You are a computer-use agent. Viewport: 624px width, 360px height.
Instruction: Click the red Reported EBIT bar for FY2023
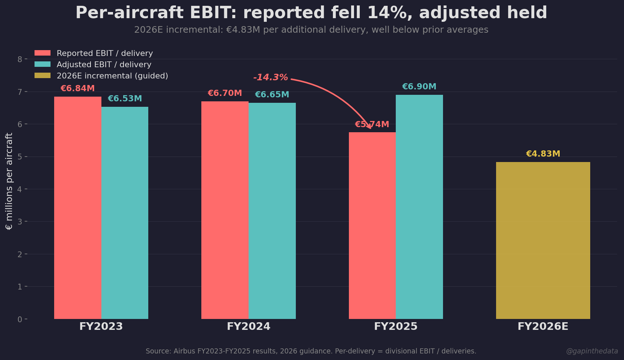coord(77,207)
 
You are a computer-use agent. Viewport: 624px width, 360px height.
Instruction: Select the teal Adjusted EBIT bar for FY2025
coord(419,207)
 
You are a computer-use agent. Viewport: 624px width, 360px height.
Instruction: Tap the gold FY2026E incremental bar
coord(543,240)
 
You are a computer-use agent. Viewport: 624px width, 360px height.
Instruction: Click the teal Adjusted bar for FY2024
coord(272,211)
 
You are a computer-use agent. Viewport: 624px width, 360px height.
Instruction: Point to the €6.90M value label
coord(419,87)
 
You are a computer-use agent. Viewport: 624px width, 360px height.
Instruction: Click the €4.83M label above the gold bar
coord(543,154)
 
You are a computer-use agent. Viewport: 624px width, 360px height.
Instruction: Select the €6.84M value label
coord(77,89)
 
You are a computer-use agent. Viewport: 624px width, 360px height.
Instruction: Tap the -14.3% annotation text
coord(270,77)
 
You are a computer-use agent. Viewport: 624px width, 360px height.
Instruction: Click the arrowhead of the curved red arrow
coord(370,127)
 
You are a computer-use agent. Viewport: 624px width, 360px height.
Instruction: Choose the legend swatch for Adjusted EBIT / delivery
coord(43,64)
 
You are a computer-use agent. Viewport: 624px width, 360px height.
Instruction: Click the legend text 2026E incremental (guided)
coord(112,76)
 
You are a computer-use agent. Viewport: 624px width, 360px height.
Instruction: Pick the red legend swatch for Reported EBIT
coord(43,53)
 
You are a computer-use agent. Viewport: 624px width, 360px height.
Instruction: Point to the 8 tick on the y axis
coord(20,59)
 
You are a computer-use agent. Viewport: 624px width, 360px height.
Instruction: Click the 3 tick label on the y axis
coord(20,222)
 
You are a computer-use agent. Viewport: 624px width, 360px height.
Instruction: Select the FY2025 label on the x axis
coord(395,326)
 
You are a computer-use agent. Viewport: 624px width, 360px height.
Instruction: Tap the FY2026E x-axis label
coord(543,326)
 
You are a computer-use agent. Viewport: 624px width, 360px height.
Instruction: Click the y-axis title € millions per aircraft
coord(9,181)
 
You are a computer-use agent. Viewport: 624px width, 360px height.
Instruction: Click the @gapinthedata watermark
coord(592,351)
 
